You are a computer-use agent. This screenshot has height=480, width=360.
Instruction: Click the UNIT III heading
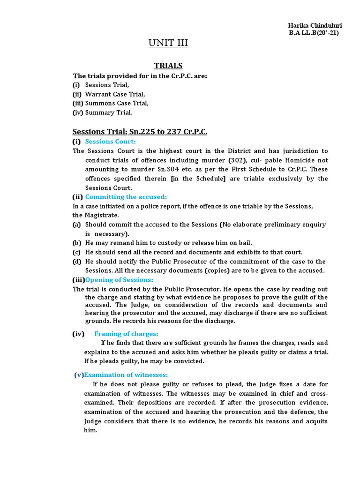point(168,44)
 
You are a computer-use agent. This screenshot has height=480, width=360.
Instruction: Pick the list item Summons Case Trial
point(117,103)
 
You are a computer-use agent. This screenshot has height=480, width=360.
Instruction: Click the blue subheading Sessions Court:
point(111,142)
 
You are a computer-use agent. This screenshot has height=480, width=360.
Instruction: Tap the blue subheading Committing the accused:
point(126,197)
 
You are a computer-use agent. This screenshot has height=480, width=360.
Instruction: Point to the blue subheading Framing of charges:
point(126,334)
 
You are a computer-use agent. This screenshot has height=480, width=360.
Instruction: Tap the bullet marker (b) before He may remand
point(76,243)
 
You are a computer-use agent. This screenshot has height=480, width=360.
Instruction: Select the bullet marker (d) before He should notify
point(76,262)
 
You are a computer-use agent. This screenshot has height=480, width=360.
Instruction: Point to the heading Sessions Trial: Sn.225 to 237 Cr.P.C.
point(140,132)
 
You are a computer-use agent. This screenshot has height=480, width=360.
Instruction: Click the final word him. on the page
point(90,430)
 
